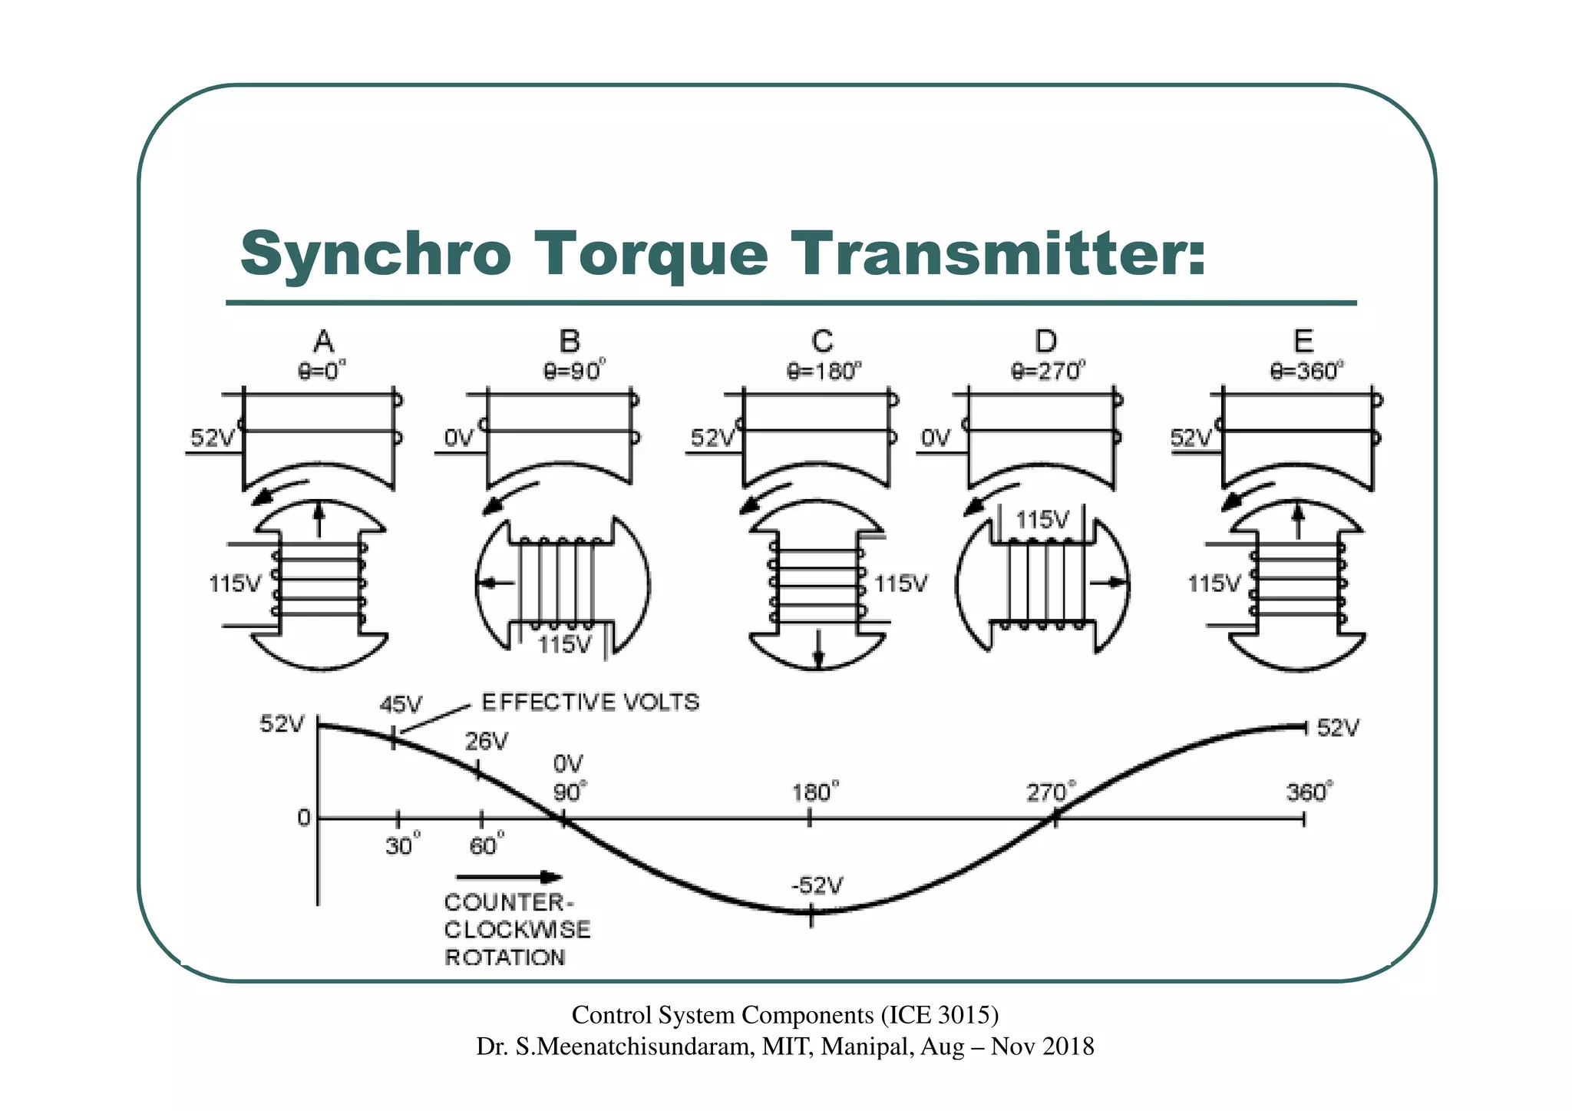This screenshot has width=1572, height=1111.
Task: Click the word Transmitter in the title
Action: coord(998,253)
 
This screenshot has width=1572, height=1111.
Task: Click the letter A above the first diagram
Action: coord(323,341)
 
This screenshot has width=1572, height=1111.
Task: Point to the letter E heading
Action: coord(1303,341)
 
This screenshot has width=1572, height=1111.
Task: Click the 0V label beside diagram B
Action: coord(460,438)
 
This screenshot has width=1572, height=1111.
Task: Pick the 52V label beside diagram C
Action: coord(712,438)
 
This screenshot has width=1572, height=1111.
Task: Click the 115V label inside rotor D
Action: coord(1042,521)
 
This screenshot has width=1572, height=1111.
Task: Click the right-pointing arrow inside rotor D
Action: coord(1108,584)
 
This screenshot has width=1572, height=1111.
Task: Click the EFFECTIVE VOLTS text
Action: coord(590,703)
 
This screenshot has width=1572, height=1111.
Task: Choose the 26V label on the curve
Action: coord(487,741)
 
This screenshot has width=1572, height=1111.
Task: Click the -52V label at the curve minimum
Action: coord(817,886)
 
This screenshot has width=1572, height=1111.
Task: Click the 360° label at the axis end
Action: coord(1309,792)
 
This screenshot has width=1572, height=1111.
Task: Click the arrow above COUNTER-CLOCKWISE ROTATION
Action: coord(509,877)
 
